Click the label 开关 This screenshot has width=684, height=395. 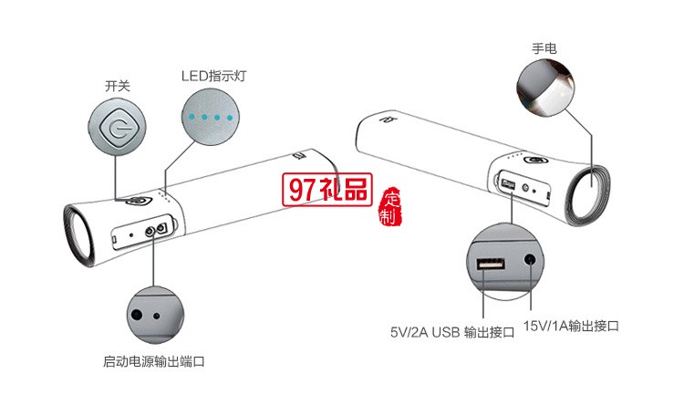(118, 86)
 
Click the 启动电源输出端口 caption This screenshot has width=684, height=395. (153, 361)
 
